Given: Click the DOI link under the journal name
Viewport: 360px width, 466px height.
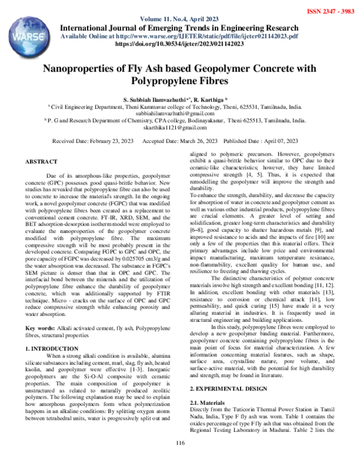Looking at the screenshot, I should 178,44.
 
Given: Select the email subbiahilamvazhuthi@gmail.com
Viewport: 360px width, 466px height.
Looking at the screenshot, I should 179,112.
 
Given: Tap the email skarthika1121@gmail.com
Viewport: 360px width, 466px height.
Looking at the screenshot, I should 179,128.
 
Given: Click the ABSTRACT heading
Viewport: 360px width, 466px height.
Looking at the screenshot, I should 41,162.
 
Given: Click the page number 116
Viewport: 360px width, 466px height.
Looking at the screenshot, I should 179,444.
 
